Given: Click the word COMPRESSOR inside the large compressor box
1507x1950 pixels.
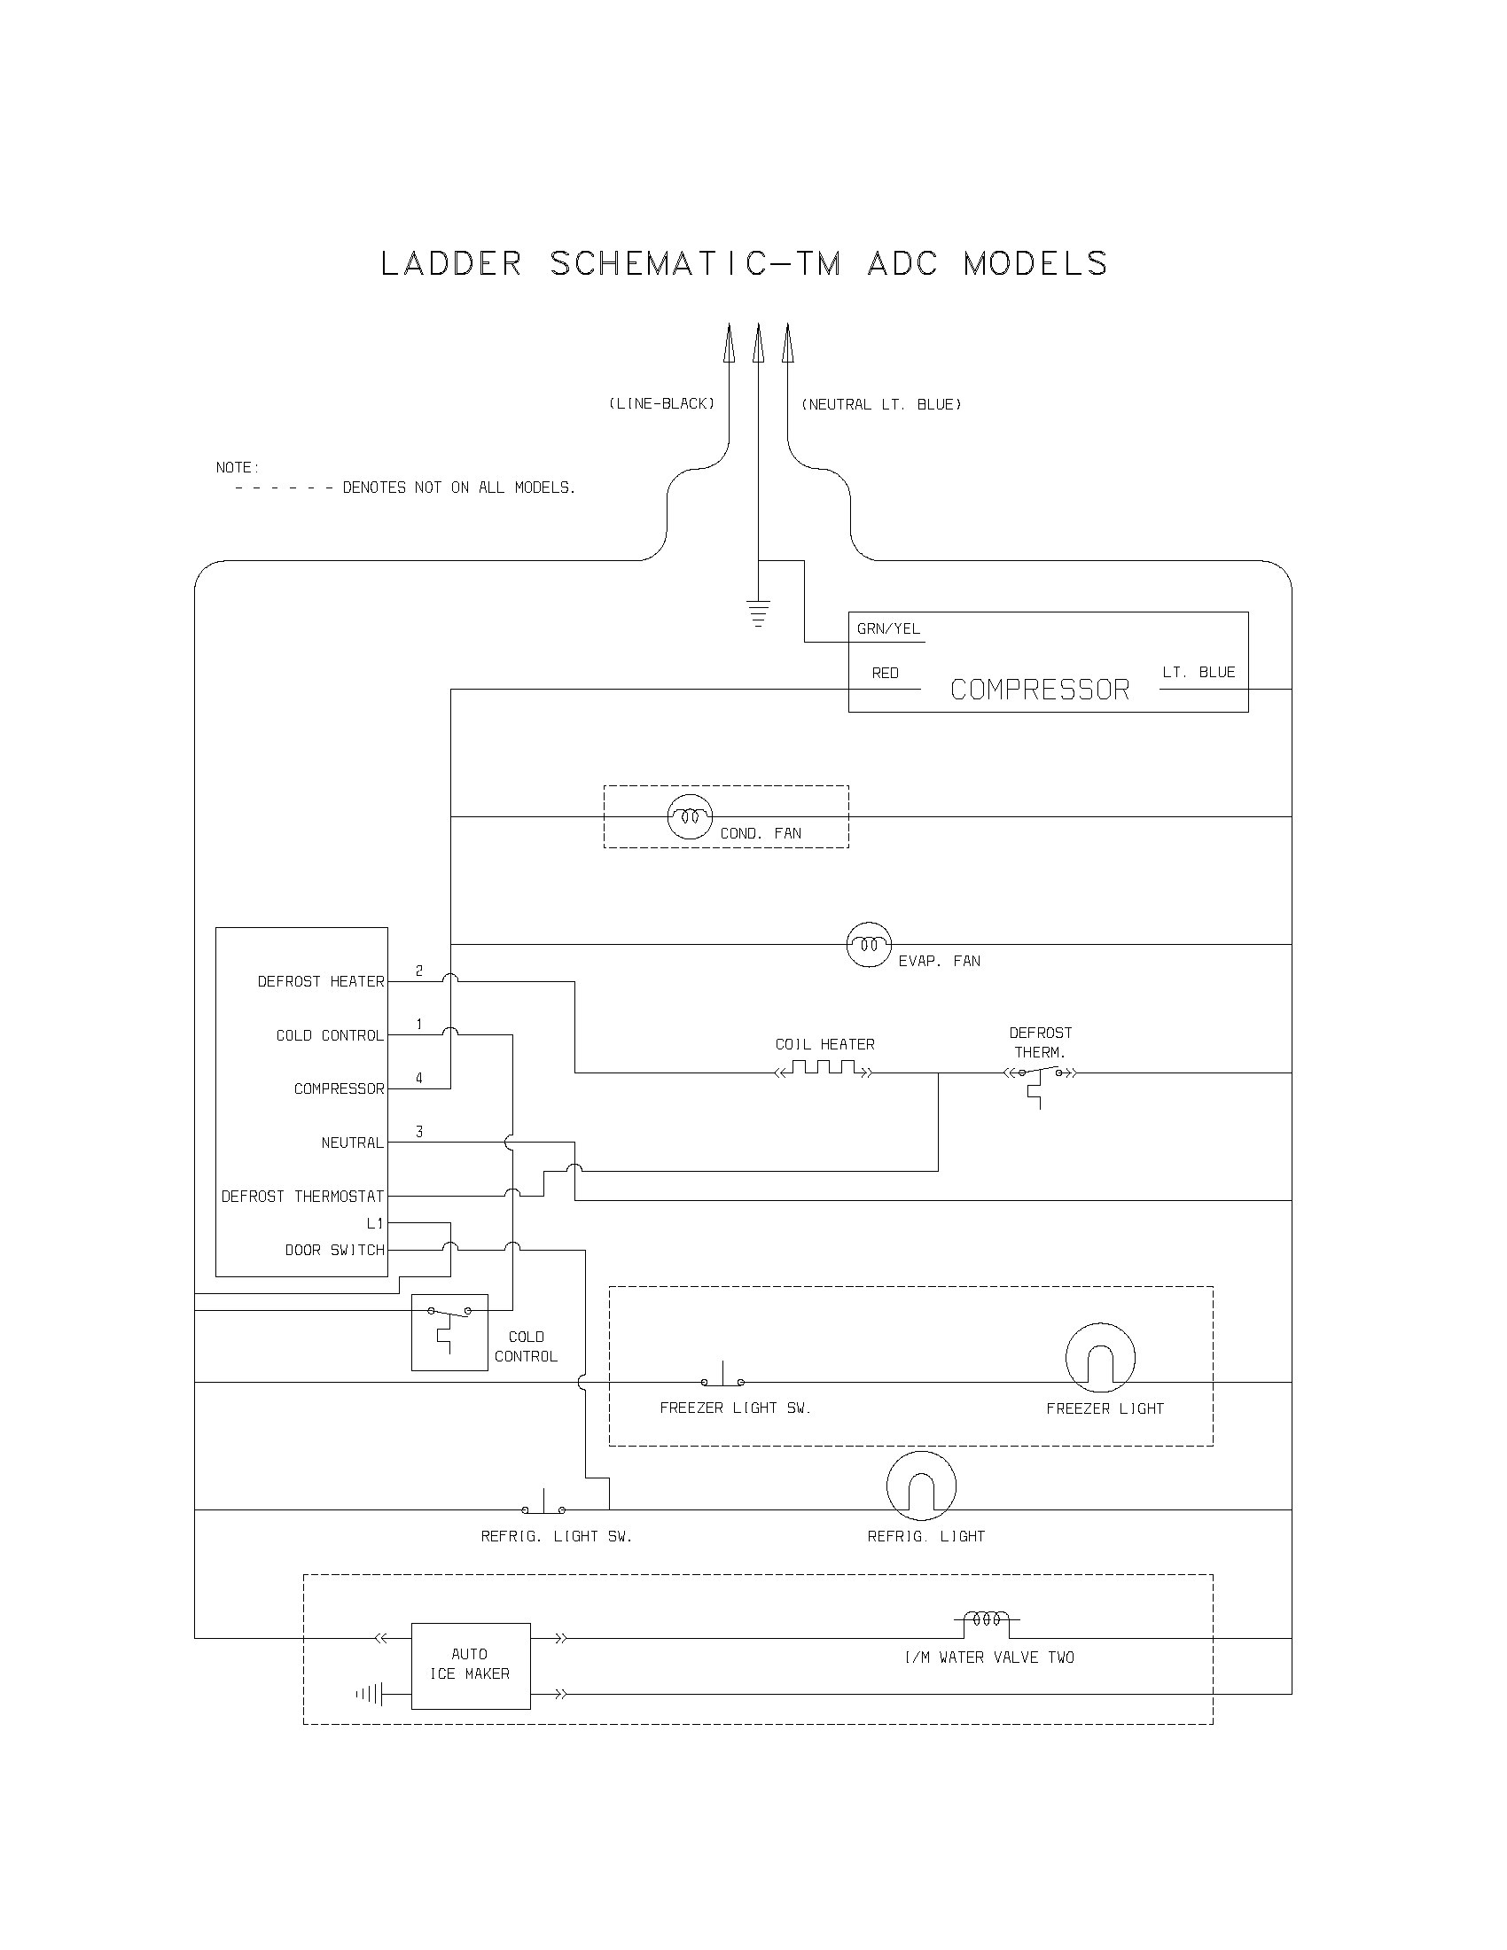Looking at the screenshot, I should click(x=1039, y=690).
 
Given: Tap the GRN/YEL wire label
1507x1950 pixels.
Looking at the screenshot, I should click(x=888, y=628).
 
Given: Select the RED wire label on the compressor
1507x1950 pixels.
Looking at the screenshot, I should click(x=885, y=674).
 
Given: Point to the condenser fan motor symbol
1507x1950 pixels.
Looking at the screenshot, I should click(x=690, y=816).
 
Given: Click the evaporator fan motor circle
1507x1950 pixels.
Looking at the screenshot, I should click(x=869, y=945).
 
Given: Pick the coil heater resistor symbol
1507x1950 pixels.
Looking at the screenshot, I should click(x=824, y=1070).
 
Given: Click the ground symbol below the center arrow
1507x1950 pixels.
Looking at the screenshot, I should click(x=758, y=614).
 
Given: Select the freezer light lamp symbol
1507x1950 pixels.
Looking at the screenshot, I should click(x=1100, y=1357).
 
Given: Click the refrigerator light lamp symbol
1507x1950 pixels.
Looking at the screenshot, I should click(x=921, y=1486).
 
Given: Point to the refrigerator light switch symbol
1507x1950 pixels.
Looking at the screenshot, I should click(x=543, y=1507).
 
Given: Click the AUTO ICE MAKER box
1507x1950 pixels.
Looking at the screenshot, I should click(x=471, y=1666).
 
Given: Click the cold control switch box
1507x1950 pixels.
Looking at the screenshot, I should click(x=449, y=1332).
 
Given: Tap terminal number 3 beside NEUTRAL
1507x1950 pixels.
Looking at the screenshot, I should click(x=418, y=1132).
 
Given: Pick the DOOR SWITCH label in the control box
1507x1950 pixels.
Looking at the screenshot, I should click(x=334, y=1250).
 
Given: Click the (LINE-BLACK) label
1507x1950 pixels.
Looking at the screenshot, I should click(x=661, y=403).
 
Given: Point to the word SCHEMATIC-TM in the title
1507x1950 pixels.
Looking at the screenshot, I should click(x=695, y=264).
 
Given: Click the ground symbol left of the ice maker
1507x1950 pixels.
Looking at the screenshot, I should click(x=370, y=1694).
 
